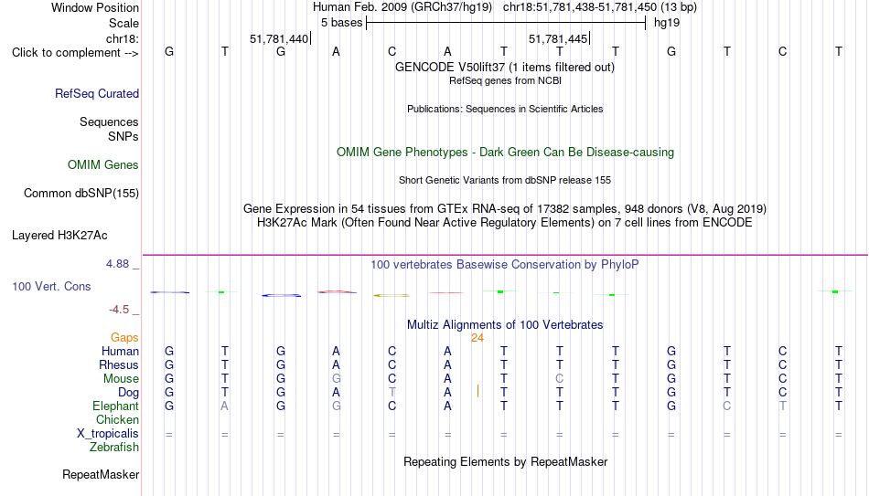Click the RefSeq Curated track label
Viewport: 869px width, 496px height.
pyautogui.click(x=97, y=93)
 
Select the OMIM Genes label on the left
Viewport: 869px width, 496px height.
pyautogui.click(x=103, y=165)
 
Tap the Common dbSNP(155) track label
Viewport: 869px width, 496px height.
pyautogui.click(x=81, y=194)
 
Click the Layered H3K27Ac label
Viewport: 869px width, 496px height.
pyautogui.click(x=59, y=236)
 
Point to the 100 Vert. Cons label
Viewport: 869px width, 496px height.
pyautogui.click(x=51, y=286)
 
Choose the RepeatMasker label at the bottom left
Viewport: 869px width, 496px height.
pyautogui.click(x=101, y=474)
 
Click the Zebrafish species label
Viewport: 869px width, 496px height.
pyautogui.click(x=114, y=447)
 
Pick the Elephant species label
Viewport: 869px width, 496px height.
pyautogui.click(x=116, y=406)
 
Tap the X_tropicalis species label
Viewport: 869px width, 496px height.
pyautogui.click(x=108, y=434)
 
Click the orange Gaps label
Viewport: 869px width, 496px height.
pyautogui.click(x=124, y=338)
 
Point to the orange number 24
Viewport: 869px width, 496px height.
pyautogui.click(x=477, y=338)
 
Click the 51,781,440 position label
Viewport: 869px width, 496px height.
pyautogui.click(x=279, y=38)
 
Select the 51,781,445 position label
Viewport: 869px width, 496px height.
pyautogui.click(x=558, y=38)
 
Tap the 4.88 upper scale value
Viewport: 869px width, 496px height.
pyautogui.click(x=117, y=264)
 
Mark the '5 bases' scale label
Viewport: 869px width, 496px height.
pyautogui.click(x=341, y=23)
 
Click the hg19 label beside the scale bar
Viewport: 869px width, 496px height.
pyautogui.click(x=667, y=23)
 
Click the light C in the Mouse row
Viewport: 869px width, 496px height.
pyautogui.click(x=559, y=379)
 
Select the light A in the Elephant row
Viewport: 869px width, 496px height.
pyautogui.click(x=224, y=406)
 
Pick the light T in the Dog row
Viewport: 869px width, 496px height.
pyautogui.click(x=392, y=393)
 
